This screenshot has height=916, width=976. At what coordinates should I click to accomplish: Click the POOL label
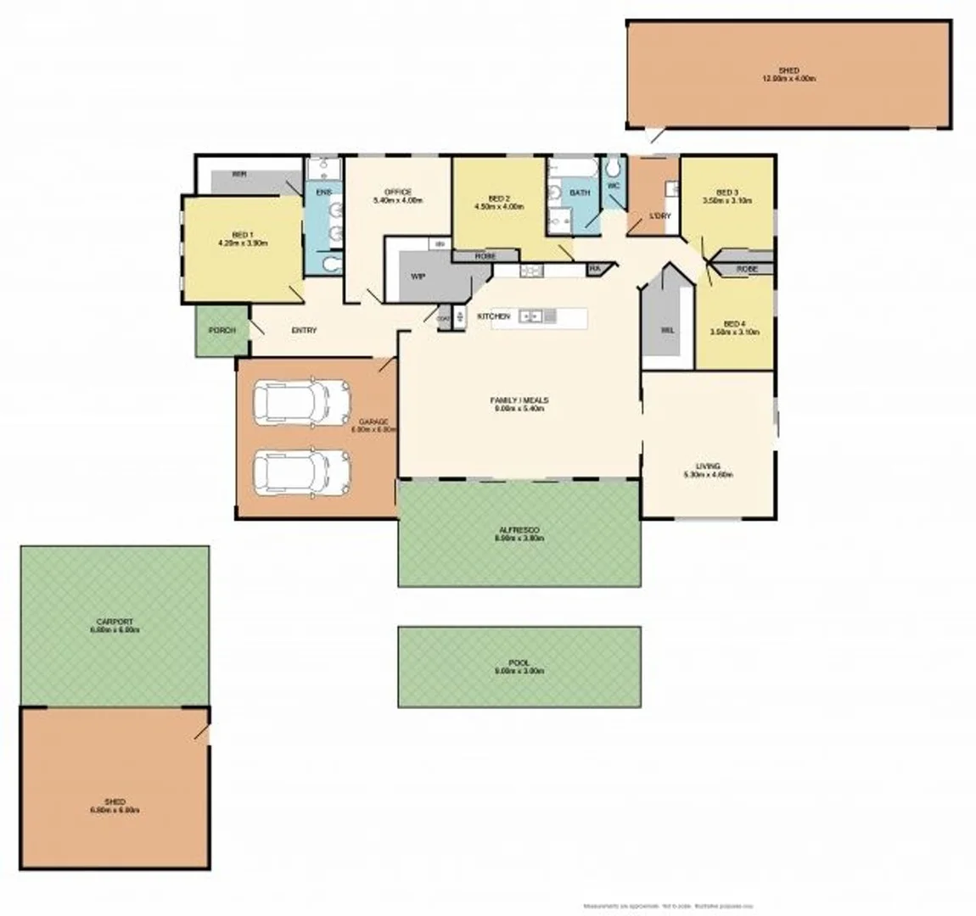pos(519,662)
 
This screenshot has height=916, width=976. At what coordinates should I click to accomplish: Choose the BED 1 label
pos(242,235)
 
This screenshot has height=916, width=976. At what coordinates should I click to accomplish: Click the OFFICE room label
pos(397,192)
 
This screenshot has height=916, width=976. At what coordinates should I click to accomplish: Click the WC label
pos(613,185)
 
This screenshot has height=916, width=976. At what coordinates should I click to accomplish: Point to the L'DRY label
pos(660,216)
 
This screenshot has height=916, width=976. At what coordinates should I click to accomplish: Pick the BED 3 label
pos(727,192)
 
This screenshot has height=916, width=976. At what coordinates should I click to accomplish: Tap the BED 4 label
pos(734,323)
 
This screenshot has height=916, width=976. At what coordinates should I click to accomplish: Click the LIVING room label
pos(708,466)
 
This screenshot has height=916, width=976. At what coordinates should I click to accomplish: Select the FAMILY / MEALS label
pos(519,399)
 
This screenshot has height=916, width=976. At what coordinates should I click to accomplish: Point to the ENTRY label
pos(303,330)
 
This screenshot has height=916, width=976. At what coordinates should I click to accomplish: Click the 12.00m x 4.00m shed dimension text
pos(788,79)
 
